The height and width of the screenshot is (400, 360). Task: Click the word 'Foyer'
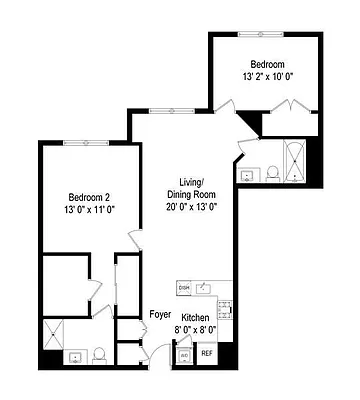[160, 313]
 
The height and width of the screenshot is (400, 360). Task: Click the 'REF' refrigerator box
[209, 353]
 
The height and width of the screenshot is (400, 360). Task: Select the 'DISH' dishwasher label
[184, 288]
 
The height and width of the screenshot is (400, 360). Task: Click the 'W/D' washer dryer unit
[184, 353]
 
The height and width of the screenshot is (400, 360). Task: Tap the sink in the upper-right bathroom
[247, 174]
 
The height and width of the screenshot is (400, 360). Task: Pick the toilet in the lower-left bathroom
[98, 355]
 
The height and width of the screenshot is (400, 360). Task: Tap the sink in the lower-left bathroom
[75, 357]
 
